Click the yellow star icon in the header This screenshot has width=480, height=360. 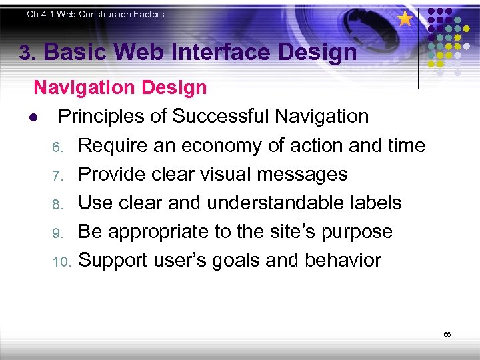[x=405, y=19]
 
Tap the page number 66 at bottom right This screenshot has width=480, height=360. [x=447, y=334]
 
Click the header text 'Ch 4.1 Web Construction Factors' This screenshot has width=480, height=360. [x=95, y=14]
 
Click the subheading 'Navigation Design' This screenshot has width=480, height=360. [x=120, y=87]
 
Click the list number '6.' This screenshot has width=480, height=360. [x=57, y=147]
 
